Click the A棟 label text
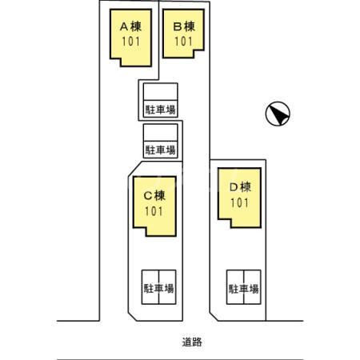click(130, 25)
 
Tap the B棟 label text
click(184, 25)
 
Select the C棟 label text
click(154, 194)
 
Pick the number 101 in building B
click(184, 40)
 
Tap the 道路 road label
click(192, 342)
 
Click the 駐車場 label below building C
click(158, 288)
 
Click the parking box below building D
click(243, 286)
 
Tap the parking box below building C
click(158, 286)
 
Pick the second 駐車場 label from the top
click(160, 149)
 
